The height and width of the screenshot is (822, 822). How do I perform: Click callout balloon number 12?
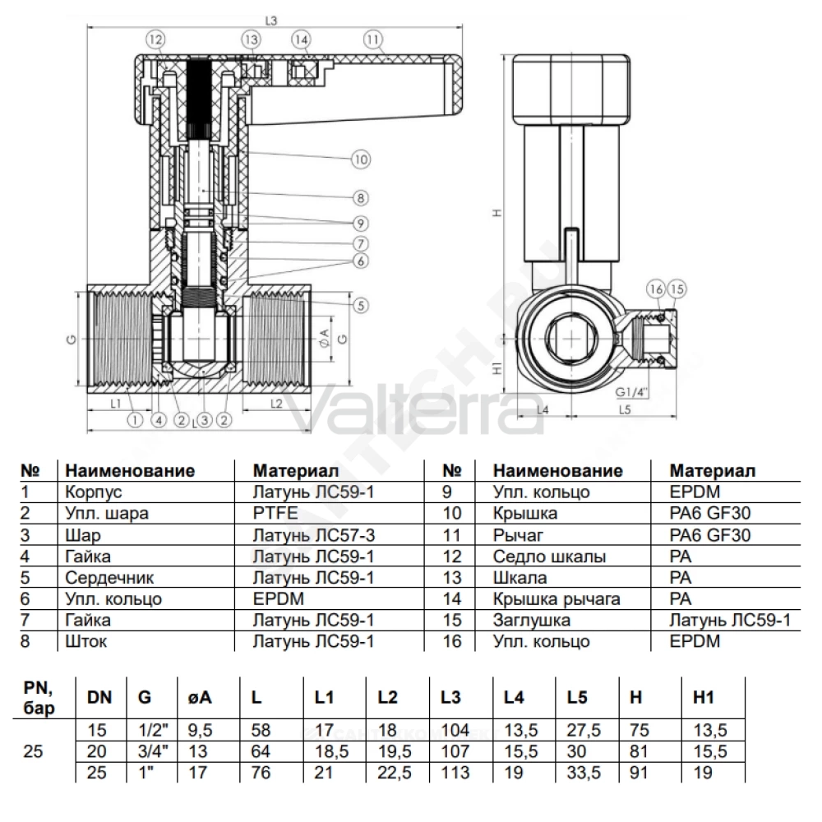[x=155, y=39]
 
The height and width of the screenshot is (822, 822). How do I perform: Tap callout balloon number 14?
[x=301, y=39]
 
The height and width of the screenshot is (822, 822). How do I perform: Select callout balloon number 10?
[x=361, y=159]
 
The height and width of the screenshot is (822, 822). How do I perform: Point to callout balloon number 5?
[x=361, y=305]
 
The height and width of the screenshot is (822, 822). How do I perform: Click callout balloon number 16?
[x=656, y=289]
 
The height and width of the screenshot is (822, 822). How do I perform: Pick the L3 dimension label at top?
[x=271, y=21]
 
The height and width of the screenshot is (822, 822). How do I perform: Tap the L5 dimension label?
[x=625, y=409]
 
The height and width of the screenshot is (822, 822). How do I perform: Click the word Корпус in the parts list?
[x=94, y=492]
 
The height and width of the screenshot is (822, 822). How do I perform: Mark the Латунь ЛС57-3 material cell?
[x=313, y=535]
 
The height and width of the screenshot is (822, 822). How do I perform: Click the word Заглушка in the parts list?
[x=531, y=620]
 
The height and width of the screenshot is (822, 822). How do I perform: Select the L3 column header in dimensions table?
[x=450, y=697]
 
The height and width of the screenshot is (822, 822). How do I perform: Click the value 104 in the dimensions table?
[x=455, y=730]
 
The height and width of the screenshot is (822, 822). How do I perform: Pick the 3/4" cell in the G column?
[x=153, y=750]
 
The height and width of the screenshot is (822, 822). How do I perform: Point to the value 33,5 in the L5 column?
[x=583, y=772]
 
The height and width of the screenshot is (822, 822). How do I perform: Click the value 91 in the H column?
[x=639, y=772]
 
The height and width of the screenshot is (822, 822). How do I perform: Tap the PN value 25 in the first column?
[x=33, y=751]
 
